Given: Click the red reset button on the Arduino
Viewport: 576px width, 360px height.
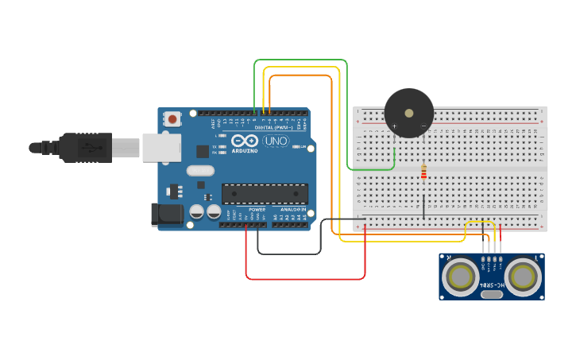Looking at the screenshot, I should click(172, 119).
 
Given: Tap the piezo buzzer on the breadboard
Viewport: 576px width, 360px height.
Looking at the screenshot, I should click(409, 112).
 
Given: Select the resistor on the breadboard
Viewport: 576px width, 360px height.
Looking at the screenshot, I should click(423, 171).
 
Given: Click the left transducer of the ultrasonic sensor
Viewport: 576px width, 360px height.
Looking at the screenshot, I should click(459, 277).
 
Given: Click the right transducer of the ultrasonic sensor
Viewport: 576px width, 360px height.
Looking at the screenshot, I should click(524, 277).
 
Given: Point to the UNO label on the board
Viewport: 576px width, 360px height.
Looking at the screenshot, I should click(276, 141).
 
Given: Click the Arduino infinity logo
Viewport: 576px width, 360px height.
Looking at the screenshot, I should click(245, 141).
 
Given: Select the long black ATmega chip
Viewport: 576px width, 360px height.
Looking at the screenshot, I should click(265, 193).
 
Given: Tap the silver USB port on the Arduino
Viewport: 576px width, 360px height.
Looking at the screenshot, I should click(161, 147).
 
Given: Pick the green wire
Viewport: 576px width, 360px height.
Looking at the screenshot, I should click(347, 119).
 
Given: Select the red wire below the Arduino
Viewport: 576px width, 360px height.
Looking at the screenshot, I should click(306, 279).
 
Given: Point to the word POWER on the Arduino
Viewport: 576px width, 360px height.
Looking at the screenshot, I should click(257, 210).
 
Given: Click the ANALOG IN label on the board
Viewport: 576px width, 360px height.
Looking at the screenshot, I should click(292, 210).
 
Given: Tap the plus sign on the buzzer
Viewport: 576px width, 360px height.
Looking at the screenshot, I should click(394, 126).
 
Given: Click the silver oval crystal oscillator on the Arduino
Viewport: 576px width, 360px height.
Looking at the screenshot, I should click(200, 170).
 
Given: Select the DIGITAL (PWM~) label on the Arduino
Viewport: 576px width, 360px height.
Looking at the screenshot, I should click(273, 126).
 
